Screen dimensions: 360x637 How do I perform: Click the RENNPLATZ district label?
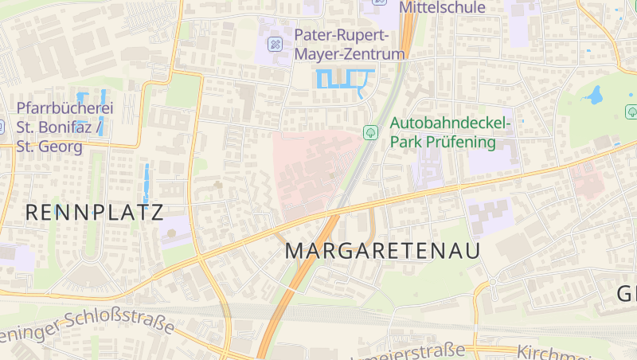tap(94, 212)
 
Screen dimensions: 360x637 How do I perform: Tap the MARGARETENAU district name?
tap(383, 251)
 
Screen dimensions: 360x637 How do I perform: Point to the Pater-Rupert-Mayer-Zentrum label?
tap(350, 45)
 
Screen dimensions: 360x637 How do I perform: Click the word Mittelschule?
tap(442, 8)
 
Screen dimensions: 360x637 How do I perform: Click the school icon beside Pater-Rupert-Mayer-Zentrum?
tap(275, 43)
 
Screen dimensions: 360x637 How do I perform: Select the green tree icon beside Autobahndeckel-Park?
tap(370, 132)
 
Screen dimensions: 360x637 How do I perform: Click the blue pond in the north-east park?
tap(594, 96)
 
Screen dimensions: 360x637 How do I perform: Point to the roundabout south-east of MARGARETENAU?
tap(491, 282)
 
